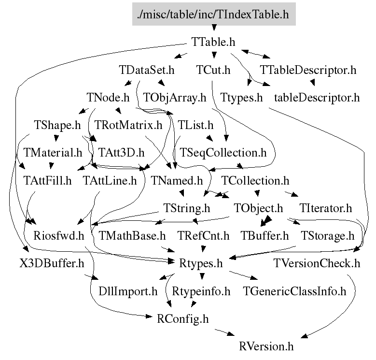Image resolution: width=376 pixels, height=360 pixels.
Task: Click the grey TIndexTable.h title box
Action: click(x=213, y=14)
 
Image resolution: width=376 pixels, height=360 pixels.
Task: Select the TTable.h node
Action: click(x=213, y=42)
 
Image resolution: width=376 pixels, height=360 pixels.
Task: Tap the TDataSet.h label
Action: click(x=146, y=70)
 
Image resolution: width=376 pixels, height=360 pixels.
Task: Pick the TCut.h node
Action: click(x=213, y=70)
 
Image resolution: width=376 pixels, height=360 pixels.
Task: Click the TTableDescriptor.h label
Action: click(x=308, y=70)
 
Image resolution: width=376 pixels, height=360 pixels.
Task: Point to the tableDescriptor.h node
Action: click(x=317, y=98)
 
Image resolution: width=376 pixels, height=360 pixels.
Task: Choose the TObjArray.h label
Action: click(x=175, y=98)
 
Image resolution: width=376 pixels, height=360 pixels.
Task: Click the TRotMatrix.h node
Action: click(x=128, y=126)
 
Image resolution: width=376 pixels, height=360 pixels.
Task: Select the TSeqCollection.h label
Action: click(x=223, y=153)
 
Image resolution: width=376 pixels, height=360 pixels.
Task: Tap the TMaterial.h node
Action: click(x=53, y=153)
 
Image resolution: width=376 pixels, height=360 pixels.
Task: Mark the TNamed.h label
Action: click(x=177, y=181)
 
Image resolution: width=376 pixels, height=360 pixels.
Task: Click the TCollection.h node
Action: click(x=255, y=181)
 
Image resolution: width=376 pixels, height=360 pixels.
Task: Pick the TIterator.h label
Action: click(x=325, y=209)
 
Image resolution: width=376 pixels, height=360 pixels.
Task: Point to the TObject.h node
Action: click(x=258, y=209)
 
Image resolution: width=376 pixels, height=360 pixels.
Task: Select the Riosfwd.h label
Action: click(x=59, y=236)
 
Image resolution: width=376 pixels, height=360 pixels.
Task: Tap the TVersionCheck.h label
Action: click(x=317, y=264)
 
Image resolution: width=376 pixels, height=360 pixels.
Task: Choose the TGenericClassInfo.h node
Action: click(x=294, y=291)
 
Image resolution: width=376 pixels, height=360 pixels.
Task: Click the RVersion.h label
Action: click(x=266, y=347)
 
